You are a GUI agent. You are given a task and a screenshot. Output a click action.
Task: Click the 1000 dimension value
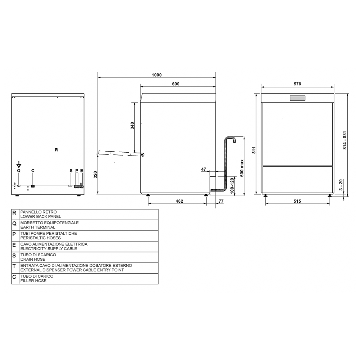click(x=157, y=75)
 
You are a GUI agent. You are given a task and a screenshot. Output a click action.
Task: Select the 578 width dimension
click(x=297, y=84)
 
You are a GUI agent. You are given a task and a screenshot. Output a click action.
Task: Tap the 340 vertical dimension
click(x=132, y=126)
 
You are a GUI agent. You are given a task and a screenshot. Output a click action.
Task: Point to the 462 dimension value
click(x=179, y=201)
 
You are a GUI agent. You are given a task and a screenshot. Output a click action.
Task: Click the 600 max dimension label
click(x=242, y=168)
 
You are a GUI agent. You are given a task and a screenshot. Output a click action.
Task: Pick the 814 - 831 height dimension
click(x=345, y=140)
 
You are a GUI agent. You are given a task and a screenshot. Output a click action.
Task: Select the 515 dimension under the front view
click(x=297, y=201)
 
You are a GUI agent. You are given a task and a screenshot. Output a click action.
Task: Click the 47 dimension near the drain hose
click(x=204, y=169)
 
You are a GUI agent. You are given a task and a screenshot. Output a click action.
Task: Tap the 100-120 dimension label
click(x=232, y=186)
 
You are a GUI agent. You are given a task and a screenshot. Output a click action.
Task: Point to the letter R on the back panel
click(x=57, y=150)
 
